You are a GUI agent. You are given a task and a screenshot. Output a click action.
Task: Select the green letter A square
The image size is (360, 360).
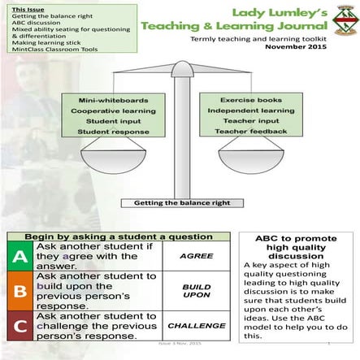pos(20,258)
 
